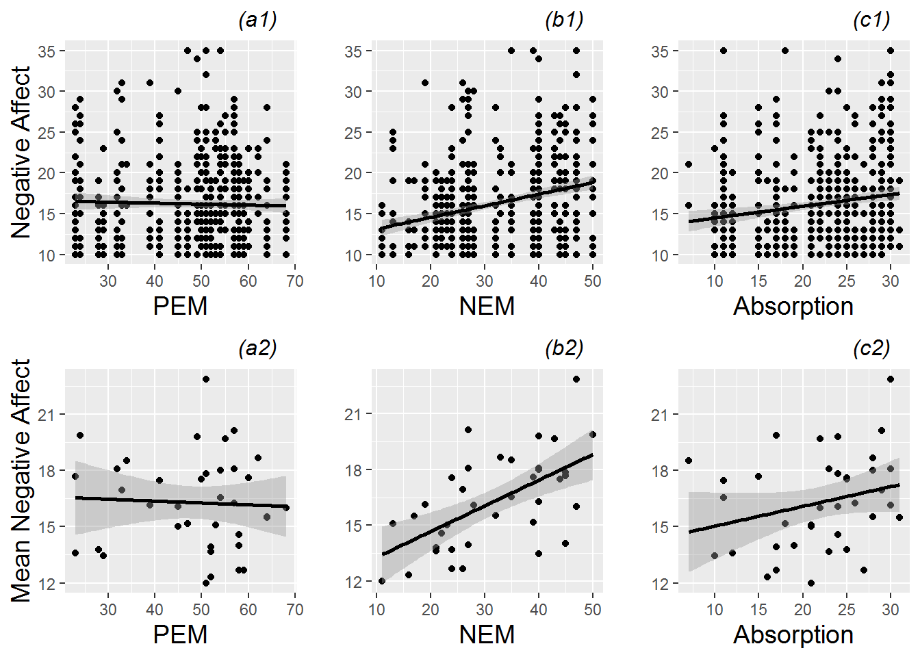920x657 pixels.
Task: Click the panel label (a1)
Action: click(257, 21)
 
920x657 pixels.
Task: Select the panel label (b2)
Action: click(564, 348)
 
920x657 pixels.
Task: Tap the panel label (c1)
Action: click(871, 21)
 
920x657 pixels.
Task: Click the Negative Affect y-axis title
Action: click(21, 152)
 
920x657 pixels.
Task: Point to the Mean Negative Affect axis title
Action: click(21, 480)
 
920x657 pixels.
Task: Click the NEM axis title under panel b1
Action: click(487, 306)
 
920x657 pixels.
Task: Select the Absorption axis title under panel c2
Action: click(793, 634)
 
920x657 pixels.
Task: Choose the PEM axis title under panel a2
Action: click(180, 634)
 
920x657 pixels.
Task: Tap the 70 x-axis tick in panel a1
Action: click(295, 281)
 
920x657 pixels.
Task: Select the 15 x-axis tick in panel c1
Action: click(758, 281)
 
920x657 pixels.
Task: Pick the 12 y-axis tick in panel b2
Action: click(353, 582)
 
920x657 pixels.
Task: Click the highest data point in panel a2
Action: click(206, 379)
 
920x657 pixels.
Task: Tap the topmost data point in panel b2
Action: click(576, 379)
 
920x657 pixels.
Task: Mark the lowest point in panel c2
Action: click(811, 583)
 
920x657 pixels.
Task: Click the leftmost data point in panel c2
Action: click(689, 461)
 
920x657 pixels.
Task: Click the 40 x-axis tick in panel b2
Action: click(539, 609)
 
